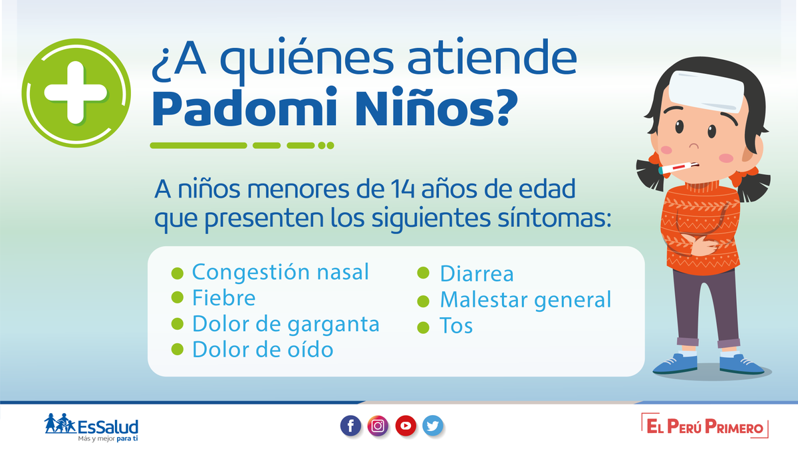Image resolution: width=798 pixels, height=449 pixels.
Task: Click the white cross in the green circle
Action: click(76, 92)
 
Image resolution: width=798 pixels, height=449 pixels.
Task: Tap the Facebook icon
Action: click(350, 426)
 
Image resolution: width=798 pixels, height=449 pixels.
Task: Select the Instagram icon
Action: click(378, 426)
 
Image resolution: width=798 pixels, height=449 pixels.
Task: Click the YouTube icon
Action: click(406, 426)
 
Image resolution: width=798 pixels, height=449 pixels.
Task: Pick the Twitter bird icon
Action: click(433, 426)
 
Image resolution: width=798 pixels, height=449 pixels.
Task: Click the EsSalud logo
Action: click(91, 427)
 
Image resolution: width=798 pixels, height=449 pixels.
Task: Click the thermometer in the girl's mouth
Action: click(678, 168)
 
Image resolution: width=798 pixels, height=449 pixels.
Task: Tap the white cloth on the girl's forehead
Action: click(706, 91)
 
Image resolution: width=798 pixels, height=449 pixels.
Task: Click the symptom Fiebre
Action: click(223, 298)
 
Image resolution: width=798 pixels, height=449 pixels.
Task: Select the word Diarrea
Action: click(477, 273)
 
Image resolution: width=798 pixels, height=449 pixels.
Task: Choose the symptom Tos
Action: click(456, 325)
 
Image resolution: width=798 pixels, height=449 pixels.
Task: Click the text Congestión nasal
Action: click(281, 272)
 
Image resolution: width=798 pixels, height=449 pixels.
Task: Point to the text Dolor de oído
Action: click(263, 349)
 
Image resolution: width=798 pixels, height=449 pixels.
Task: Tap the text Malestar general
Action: click(526, 301)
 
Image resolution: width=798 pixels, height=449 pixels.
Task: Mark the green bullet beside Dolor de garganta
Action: click(178, 324)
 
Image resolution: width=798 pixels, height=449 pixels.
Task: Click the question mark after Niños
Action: click(507, 107)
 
